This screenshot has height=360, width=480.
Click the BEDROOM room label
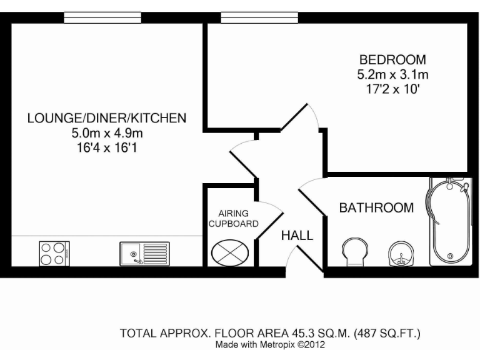(x=392, y=61)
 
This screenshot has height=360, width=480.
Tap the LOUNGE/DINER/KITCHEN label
(x=106, y=117)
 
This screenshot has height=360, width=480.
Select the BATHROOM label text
(x=376, y=208)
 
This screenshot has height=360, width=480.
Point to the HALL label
(x=297, y=236)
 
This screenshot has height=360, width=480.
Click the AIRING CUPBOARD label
(x=234, y=218)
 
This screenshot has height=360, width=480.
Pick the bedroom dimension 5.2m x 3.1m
(x=392, y=75)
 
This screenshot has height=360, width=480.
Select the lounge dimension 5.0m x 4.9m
(x=106, y=133)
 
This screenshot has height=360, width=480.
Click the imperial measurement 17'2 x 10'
(x=392, y=89)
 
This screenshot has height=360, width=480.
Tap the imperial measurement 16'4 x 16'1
(x=106, y=148)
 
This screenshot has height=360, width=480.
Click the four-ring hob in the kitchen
(x=52, y=254)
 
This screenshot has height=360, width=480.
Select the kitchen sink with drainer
(x=144, y=254)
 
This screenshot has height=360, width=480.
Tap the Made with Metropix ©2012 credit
(x=269, y=344)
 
